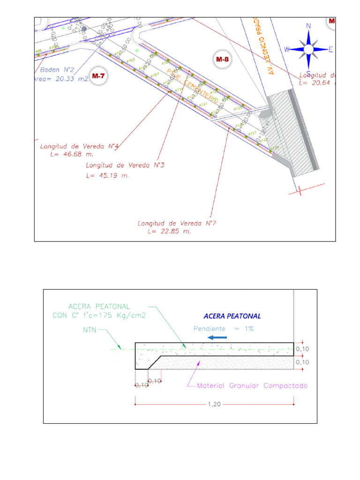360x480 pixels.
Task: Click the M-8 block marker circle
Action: [222, 59]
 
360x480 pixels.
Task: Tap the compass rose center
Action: [308, 49]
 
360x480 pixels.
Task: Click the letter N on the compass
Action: [308, 26]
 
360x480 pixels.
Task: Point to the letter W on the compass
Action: [287, 49]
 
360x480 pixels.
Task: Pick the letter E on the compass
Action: [330, 49]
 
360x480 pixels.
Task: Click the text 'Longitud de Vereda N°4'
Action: [79, 146]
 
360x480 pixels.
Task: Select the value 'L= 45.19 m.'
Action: [107, 176]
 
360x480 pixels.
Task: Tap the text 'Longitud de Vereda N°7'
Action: [176, 223]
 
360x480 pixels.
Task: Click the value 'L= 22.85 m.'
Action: [169, 232]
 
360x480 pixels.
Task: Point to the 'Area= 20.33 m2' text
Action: [61, 79]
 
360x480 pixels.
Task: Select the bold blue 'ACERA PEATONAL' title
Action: [232, 316]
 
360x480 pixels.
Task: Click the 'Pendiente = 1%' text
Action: [224, 329]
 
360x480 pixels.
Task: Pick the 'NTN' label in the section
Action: [90, 330]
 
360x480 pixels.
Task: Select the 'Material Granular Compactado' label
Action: [252, 386]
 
